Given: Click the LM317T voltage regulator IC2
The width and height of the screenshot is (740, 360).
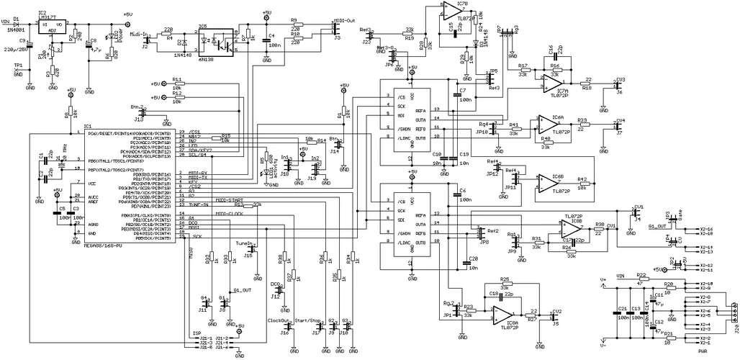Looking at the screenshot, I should point(51,24).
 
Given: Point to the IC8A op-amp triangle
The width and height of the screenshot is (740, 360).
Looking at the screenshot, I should point(502,314).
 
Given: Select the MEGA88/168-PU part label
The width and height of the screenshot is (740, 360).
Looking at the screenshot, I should point(53,246).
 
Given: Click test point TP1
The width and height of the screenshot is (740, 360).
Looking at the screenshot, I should point(19,68).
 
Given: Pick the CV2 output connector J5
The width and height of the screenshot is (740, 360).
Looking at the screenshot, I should point(553,318).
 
